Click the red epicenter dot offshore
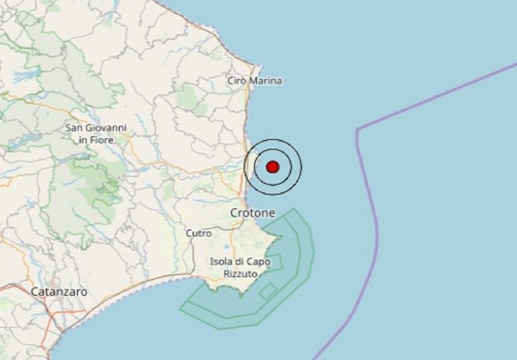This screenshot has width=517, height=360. point(273,166)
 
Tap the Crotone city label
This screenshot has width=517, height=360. point(252,213)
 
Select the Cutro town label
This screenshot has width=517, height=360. point(198,233)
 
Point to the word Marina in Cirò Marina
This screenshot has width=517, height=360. point(266,81)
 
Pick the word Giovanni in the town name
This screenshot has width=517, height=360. point(107,128)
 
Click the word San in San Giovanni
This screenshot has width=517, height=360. point(75,128)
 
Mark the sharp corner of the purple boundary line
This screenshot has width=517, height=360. point(357,128)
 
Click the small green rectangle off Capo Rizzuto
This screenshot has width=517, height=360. point(267,291)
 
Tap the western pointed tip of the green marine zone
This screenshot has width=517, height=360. point(180,309)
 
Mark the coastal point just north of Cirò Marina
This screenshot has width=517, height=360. point(254,65)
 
